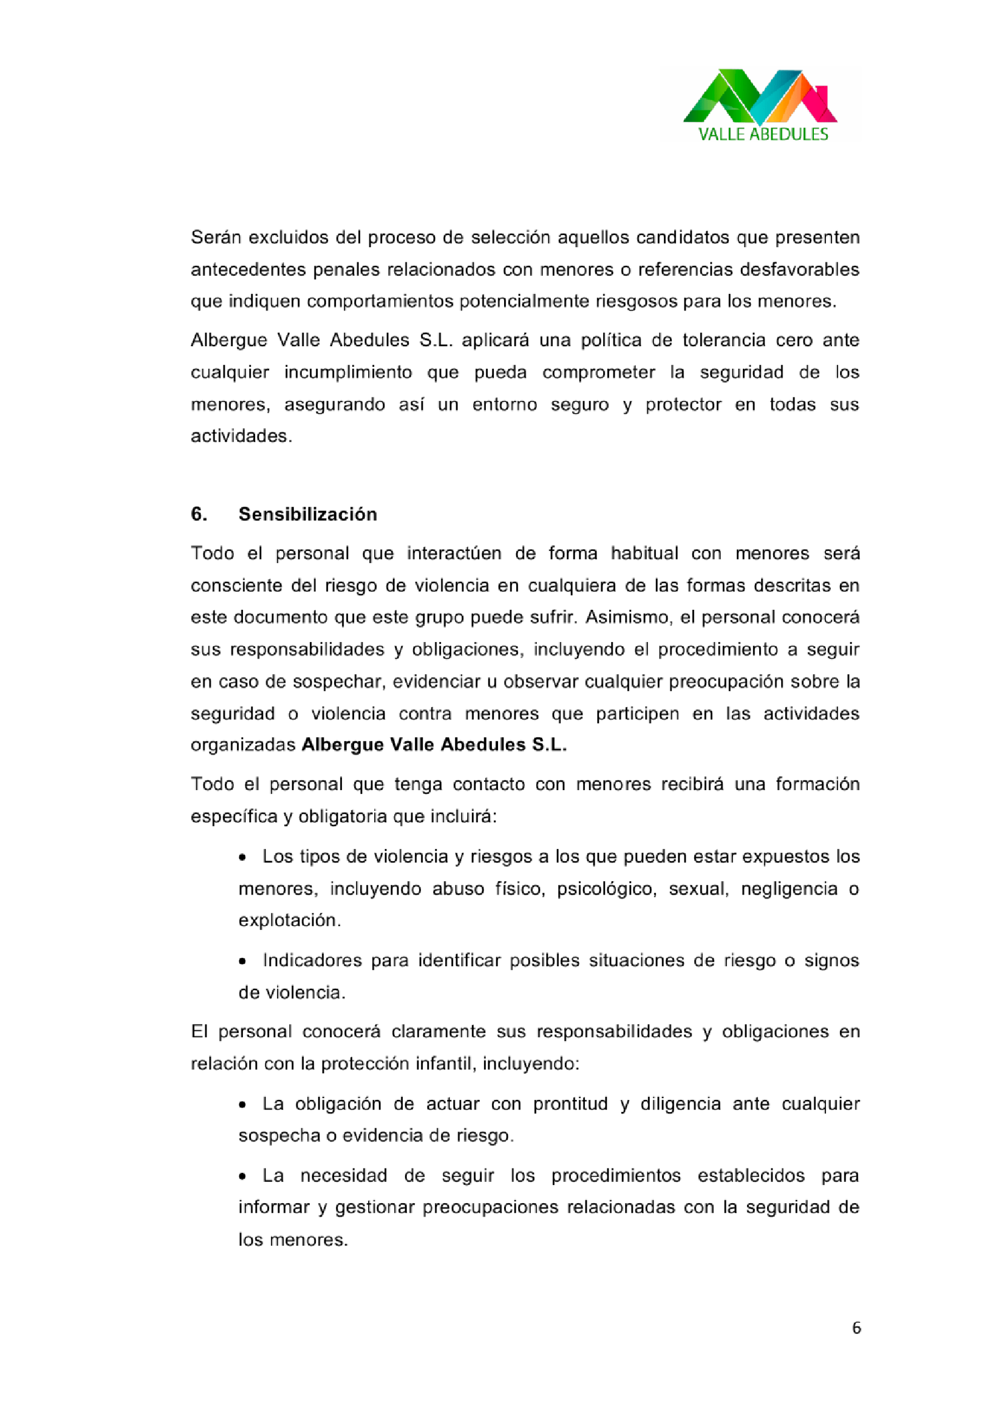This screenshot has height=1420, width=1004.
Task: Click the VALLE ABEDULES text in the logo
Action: (763, 134)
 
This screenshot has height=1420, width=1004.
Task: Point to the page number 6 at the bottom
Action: (856, 1328)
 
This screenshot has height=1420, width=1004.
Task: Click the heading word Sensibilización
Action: (307, 514)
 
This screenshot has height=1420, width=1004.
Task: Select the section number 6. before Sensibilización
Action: (199, 514)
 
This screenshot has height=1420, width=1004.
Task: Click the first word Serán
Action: (215, 237)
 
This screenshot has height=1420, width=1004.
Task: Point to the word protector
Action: (683, 404)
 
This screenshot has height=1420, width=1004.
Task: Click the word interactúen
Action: (454, 553)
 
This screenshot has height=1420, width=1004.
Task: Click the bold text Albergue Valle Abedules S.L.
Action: (434, 745)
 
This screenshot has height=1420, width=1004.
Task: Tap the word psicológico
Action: (606, 889)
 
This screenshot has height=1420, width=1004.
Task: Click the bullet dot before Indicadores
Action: (243, 961)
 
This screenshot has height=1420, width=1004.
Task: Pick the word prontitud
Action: (570, 1104)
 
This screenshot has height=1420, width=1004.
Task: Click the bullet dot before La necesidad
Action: (243, 1176)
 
